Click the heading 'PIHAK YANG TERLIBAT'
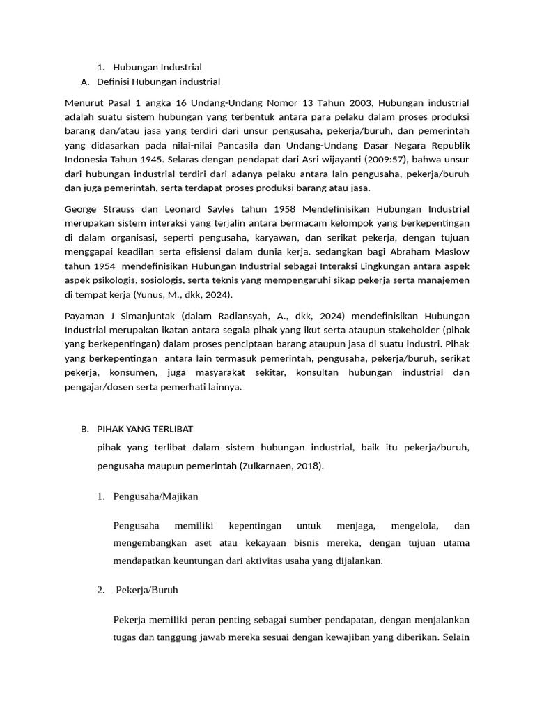click(x=145, y=428)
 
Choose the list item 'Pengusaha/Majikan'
click(x=155, y=496)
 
